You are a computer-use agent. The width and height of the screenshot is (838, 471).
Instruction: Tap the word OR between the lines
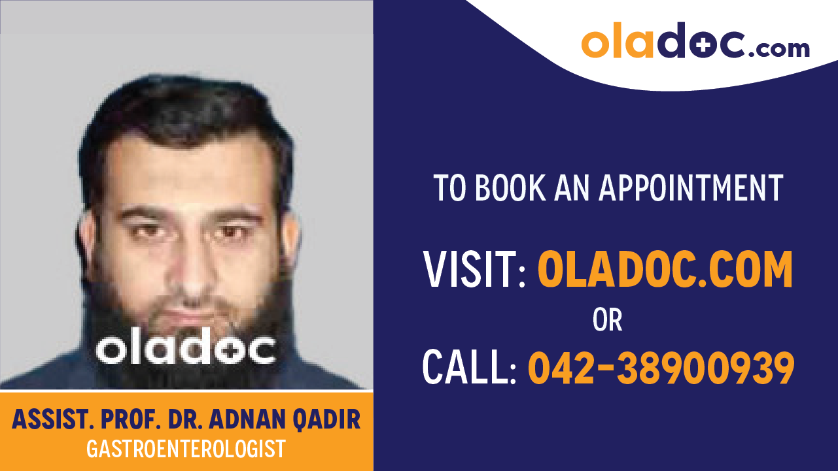pyautogui.click(x=607, y=320)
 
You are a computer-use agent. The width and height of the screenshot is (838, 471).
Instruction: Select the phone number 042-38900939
pyautogui.click(x=661, y=367)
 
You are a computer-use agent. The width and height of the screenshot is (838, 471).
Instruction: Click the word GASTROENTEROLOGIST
pyautogui.click(x=186, y=449)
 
